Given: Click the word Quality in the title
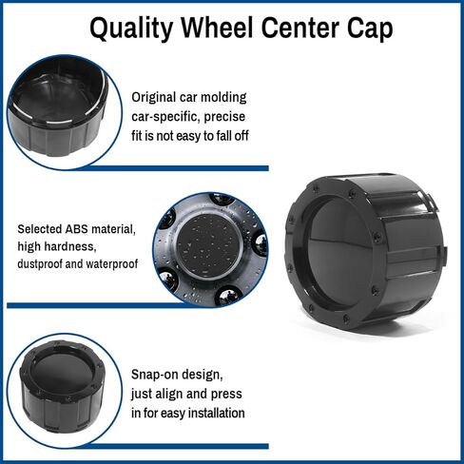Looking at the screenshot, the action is (x=131, y=29).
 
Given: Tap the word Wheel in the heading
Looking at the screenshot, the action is (x=218, y=28).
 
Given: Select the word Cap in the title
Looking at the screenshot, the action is (x=370, y=29).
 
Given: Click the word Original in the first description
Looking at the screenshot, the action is (x=154, y=98).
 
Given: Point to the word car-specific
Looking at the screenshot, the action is (x=165, y=117).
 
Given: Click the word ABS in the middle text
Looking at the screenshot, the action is (x=76, y=229).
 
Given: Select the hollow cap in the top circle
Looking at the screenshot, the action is (x=59, y=107).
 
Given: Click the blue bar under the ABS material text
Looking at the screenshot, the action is (x=94, y=305).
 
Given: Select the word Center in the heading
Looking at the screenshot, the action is (x=301, y=28).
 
